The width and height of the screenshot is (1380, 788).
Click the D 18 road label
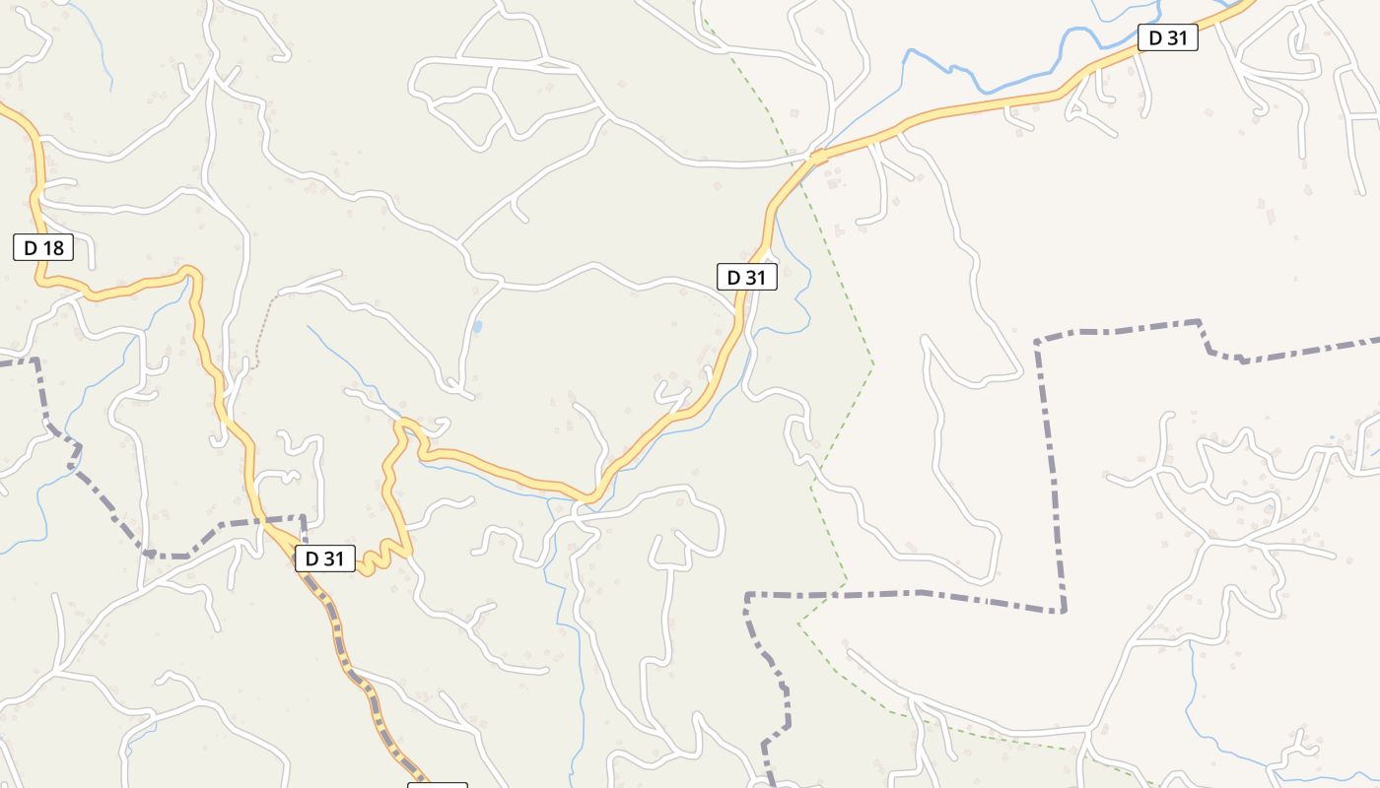click(43, 248)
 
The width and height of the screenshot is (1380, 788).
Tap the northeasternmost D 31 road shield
click(1168, 38)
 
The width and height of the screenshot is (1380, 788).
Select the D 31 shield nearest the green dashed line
click(746, 278)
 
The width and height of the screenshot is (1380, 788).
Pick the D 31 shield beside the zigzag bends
click(324, 558)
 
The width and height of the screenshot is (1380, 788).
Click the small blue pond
click(478, 326)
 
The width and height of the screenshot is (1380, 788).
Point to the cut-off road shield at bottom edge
click(438, 785)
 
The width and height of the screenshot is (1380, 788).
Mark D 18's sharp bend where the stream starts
click(190, 274)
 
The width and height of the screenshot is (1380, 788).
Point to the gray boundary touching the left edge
click(15, 361)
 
